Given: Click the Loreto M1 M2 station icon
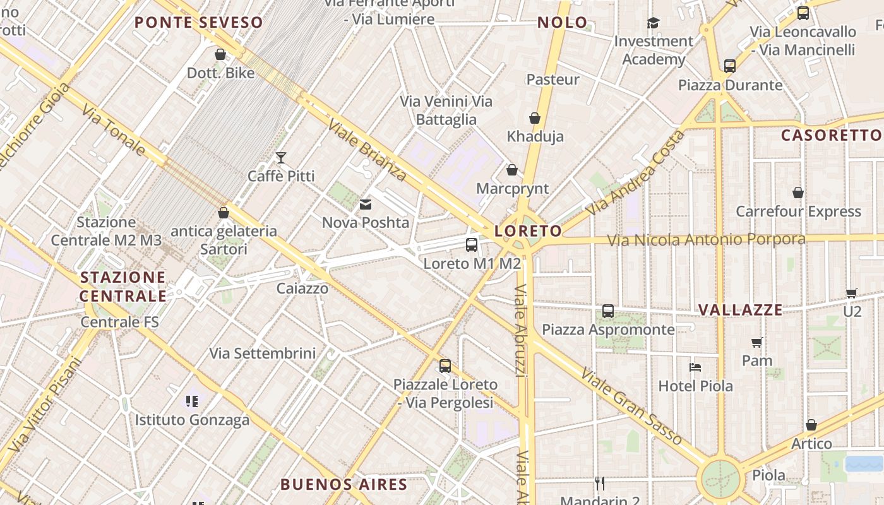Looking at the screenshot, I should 471,245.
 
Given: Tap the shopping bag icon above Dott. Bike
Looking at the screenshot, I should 220,54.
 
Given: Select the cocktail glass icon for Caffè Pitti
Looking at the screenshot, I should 281,157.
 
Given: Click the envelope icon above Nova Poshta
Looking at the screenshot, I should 366,204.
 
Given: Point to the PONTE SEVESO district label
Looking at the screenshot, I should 198,23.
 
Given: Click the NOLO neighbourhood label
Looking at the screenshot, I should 563,23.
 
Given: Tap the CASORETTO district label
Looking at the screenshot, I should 831,135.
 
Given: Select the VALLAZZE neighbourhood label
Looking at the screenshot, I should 741,310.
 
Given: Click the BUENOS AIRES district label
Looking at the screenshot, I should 343,485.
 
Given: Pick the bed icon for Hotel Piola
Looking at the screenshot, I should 695,367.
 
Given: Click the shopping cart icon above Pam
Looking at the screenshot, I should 757,342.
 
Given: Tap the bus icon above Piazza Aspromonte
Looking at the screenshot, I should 608,311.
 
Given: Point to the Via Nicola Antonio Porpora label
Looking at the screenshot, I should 706,240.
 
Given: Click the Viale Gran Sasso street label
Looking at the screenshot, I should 631,407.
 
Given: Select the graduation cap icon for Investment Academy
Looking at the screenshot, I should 653,23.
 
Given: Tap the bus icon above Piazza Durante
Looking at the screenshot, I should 730,66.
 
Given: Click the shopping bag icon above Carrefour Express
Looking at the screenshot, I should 798,193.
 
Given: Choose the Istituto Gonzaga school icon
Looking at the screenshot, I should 192,401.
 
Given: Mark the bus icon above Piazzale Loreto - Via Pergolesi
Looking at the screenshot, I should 445,366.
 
